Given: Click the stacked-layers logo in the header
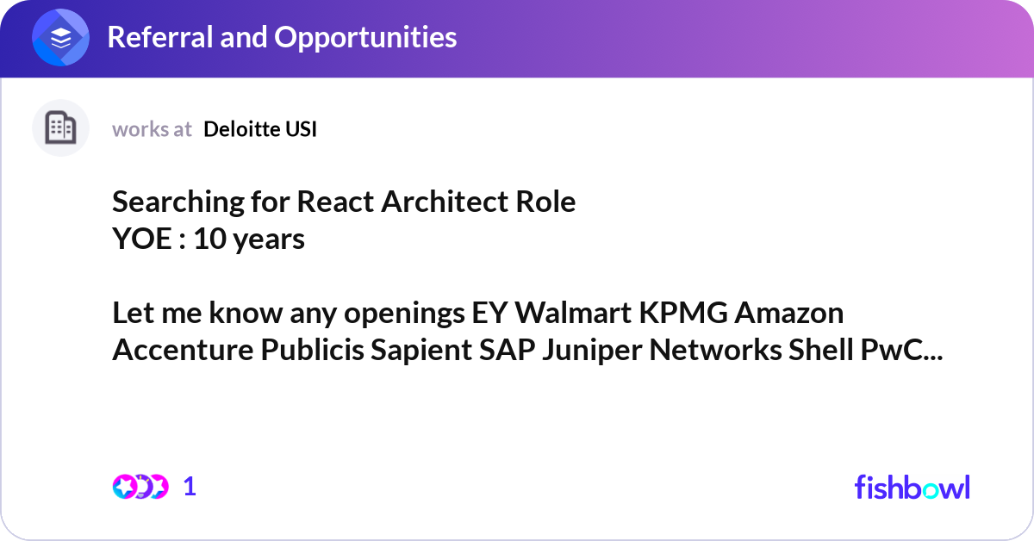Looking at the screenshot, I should (61, 38).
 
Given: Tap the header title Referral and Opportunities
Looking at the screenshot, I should (282, 37).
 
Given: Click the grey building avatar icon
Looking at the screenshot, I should (60, 128).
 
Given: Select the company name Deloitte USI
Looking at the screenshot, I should (260, 129).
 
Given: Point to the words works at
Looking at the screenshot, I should (152, 129).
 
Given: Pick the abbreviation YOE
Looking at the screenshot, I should (142, 239).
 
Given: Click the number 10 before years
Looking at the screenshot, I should (209, 239).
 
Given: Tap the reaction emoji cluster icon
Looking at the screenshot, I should (140, 487).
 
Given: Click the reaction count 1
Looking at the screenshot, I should (190, 487).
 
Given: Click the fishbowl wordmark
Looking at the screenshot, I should (912, 487).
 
